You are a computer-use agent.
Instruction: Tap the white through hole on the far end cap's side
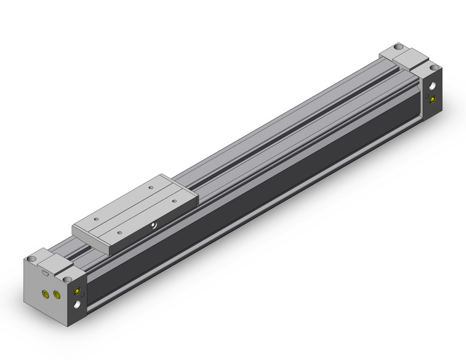(x=434, y=86)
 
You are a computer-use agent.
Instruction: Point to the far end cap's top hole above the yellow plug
(x=434, y=67)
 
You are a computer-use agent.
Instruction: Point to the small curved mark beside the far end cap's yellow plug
(x=427, y=96)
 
